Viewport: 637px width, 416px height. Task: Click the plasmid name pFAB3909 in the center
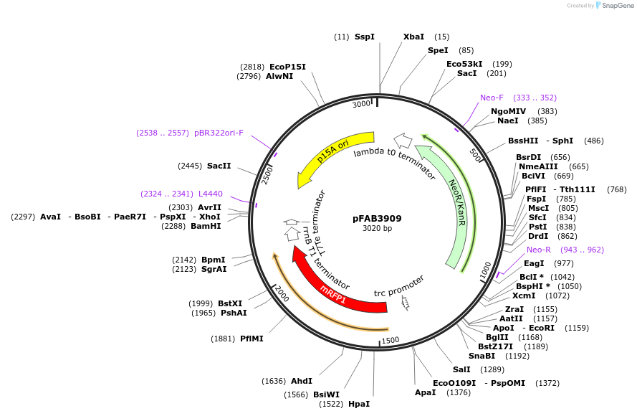point(377,218)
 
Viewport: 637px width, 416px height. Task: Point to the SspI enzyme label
point(364,36)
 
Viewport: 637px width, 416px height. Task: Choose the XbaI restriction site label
point(413,36)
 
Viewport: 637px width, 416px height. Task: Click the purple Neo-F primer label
point(492,98)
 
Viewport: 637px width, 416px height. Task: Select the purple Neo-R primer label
point(539,250)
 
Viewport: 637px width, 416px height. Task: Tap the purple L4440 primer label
point(210,194)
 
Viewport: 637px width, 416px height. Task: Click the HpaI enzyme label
point(359,404)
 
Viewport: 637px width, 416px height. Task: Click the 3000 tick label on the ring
point(361,104)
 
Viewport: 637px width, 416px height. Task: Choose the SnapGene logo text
point(618,6)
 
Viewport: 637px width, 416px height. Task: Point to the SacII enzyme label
point(219,166)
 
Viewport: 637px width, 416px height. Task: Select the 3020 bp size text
point(377,229)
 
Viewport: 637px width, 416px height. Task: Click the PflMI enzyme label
point(252,339)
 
